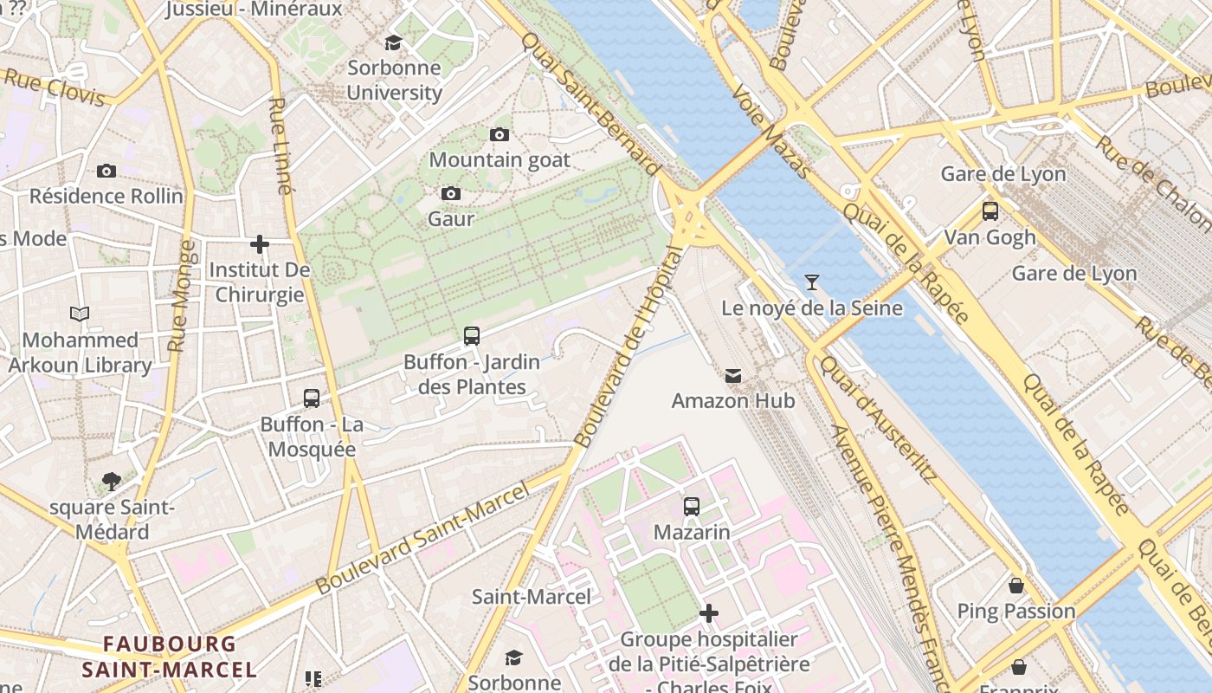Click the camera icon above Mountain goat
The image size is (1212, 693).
click(499, 134)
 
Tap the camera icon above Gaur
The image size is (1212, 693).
click(450, 193)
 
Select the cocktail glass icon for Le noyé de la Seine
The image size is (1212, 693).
click(811, 282)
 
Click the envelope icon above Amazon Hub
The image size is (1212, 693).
click(733, 375)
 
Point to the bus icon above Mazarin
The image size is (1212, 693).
click(691, 506)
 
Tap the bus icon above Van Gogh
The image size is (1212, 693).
click(990, 210)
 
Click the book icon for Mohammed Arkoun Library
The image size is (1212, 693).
click(80, 314)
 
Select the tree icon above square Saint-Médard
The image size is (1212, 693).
click(111, 481)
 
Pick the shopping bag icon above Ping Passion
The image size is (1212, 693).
click(1016, 586)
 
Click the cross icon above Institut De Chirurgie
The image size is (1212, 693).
click(259, 244)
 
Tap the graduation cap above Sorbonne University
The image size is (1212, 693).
click(394, 42)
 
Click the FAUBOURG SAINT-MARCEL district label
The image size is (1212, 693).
click(170, 657)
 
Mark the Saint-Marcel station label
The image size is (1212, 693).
click(532, 596)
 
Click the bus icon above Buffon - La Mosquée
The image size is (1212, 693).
click(312, 398)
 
